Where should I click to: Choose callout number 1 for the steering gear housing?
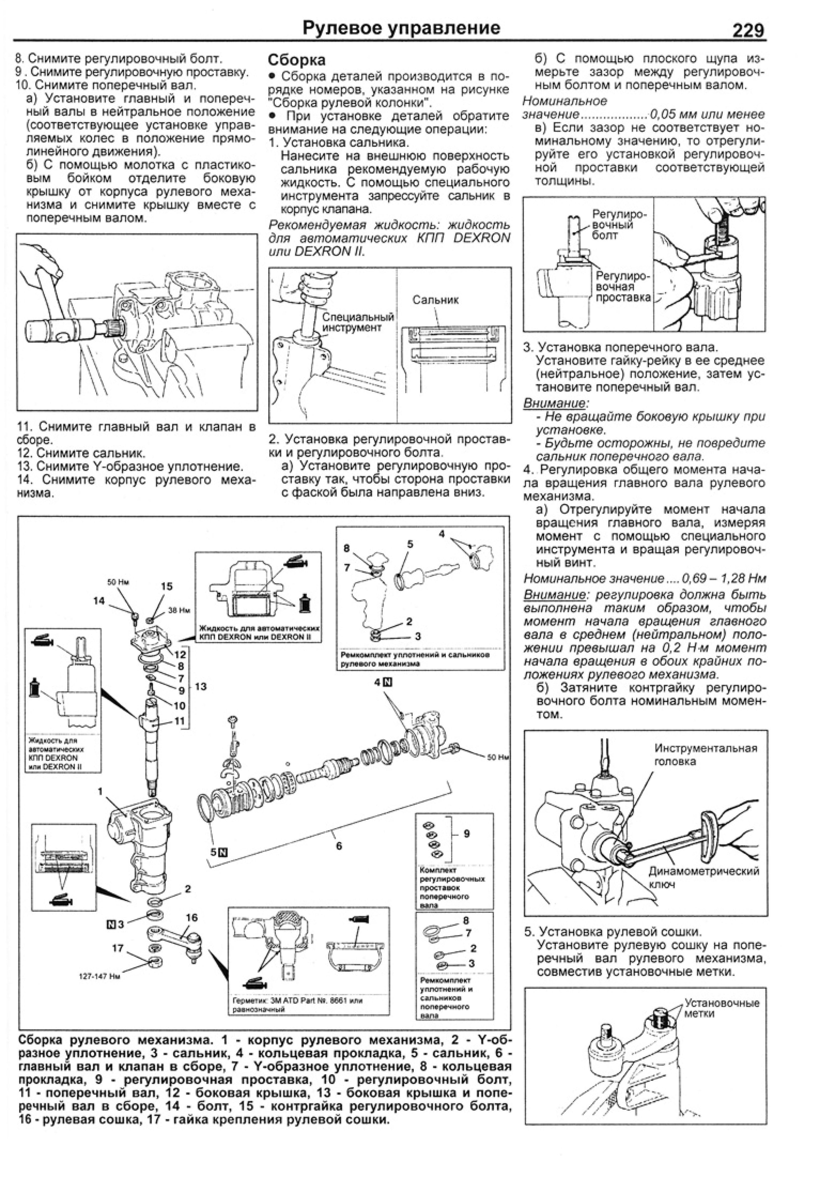click(101, 792)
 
